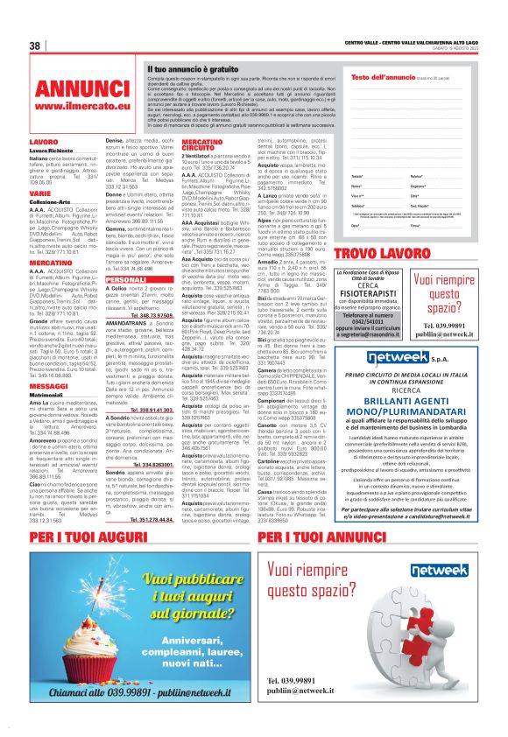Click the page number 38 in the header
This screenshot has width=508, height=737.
pyautogui.click(x=36, y=46)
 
